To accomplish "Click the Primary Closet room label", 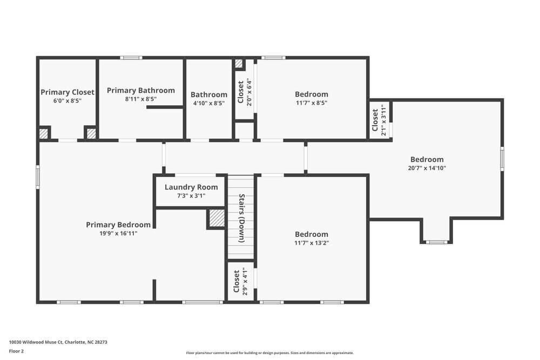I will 67,92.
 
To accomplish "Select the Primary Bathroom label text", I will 140,90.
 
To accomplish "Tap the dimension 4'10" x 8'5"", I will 208,103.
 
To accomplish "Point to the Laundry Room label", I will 191,187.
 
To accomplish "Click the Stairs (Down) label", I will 242,218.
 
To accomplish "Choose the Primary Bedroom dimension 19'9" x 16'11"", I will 118,233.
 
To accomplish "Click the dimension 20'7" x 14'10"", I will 427,168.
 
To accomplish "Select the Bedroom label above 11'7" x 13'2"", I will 311,234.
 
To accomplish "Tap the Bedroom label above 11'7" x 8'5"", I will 311,94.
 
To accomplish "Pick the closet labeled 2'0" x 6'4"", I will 244,92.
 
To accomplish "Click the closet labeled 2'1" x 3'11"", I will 379,120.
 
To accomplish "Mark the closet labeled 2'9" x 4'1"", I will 240,281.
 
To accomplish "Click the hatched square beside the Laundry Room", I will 217,218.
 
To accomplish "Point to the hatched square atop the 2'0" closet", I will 239,64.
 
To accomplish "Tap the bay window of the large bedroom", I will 436,242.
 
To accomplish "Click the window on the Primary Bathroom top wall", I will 131,58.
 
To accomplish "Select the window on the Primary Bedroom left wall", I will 38,176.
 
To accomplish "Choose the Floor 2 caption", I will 16,351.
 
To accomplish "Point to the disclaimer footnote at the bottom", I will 269,353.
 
